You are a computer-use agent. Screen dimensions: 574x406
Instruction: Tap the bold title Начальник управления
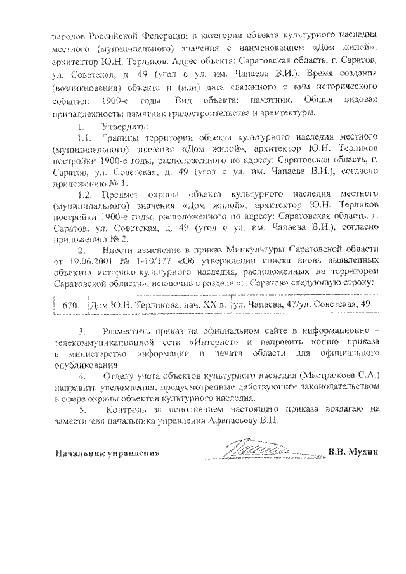coord(107,453)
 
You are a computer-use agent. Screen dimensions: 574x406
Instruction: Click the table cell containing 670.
coord(70,305)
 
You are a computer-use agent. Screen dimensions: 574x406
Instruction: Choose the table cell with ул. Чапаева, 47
coord(302,305)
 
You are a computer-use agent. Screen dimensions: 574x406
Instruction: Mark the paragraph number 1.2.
coord(84,195)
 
